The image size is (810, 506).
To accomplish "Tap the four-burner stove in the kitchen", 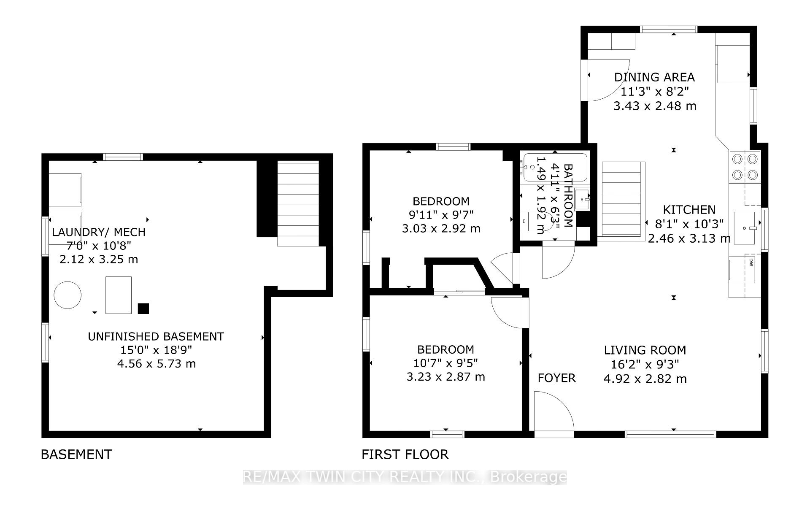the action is (x=745, y=167).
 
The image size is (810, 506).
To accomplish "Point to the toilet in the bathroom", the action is (x=534, y=221).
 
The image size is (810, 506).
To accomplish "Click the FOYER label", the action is (x=556, y=378).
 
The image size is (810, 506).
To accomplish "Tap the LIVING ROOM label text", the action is (x=645, y=350).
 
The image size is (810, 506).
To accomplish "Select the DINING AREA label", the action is (x=654, y=77).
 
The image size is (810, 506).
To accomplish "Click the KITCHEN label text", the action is (x=689, y=210).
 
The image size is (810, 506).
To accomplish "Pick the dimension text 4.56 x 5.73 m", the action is (x=157, y=364).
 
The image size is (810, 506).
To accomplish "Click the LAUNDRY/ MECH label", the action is (x=99, y=232).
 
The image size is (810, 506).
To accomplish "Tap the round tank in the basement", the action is (x=67, y=295).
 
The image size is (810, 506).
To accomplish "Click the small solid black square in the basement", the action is (x=143, y=308).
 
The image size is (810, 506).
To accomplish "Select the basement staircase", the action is (x=298, y=203).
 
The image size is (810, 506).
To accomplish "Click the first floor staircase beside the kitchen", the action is (x=624, y=198).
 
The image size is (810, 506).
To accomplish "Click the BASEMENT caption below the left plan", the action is (x=76, y=455).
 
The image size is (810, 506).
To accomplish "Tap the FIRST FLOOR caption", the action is (x=405, y=455).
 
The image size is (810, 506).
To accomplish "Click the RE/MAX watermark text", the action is (x=405, y=477).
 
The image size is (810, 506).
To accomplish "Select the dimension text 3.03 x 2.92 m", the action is (x=441, y=229).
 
